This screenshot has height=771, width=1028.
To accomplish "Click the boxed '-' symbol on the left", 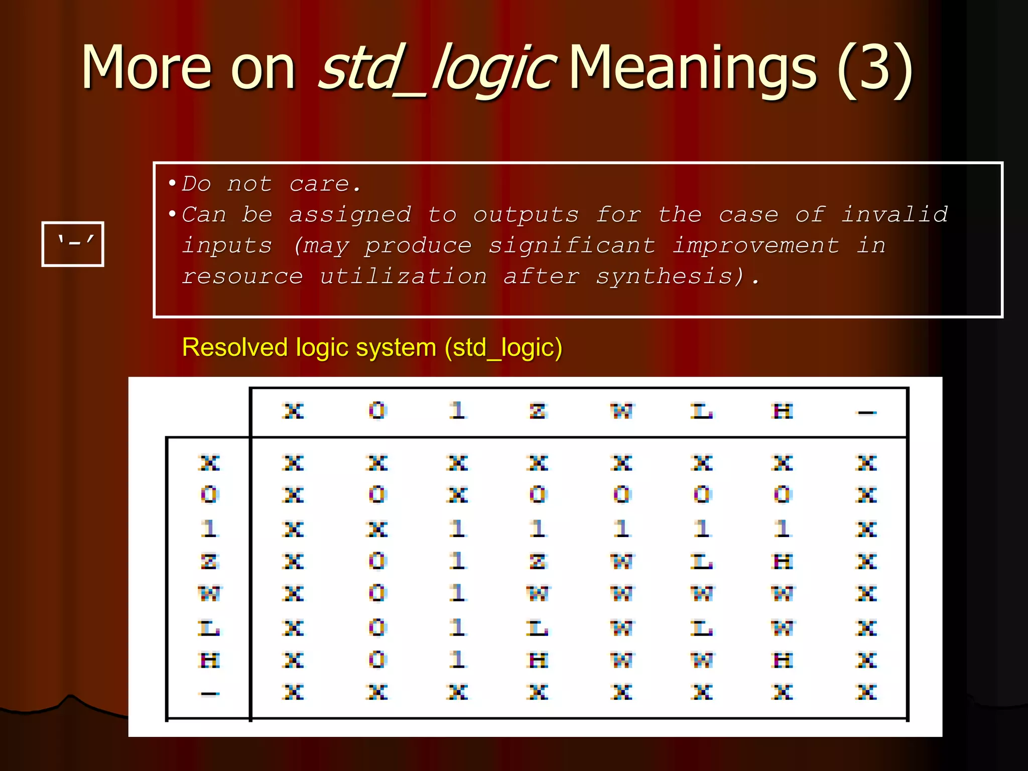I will [73, 244].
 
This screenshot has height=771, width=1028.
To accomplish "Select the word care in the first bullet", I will [319, 184].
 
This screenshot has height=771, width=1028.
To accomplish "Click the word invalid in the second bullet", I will [894, 215].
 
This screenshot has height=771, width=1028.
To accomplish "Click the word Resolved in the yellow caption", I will [234, 347].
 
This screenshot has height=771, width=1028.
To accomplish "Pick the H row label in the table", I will [209, 660].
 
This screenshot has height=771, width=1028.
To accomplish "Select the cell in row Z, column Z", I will [538, 561].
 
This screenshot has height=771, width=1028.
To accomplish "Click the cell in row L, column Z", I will [538, 628].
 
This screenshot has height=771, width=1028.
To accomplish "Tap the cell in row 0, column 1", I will [457, 495].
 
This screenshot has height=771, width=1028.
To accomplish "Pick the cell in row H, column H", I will [783, 660].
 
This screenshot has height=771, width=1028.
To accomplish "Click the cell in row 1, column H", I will [783, 529].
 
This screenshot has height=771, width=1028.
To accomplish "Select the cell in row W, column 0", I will [377, 594].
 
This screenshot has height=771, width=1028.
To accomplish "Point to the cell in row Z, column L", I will [702, 561].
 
